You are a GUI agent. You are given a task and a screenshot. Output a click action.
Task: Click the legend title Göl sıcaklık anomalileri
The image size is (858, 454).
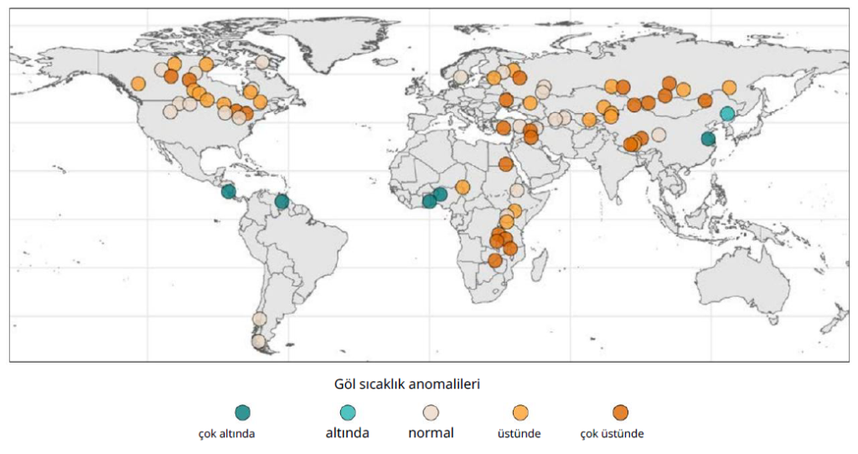click(406, 384)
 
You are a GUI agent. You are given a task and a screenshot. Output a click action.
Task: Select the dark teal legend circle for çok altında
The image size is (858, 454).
click(243, 412)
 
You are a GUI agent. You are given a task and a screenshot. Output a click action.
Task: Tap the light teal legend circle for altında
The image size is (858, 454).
click(348, 412)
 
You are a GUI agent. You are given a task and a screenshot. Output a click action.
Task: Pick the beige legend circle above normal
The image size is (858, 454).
click(431, 412)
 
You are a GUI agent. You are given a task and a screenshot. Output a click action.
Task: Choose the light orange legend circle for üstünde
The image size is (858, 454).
click(520, 412)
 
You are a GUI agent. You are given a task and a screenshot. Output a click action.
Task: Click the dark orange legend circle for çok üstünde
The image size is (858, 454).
click(620, 412)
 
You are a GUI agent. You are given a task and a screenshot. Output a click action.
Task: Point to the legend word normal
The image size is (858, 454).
click(431, 433)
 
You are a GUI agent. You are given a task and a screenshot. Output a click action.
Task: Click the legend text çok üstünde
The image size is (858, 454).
click(612, 434)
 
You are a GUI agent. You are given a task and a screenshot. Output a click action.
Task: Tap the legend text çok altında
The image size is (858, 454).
click(226, 434)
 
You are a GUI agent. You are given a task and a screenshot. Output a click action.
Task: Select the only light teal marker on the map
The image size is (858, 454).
click(727, 113)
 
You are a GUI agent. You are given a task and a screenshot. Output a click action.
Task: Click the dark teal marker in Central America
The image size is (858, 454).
click(228, 191)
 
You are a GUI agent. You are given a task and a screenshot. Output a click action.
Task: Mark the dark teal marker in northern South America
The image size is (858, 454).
click(282, 201)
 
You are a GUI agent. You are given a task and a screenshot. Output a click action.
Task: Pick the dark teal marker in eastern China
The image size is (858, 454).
click(708, 139)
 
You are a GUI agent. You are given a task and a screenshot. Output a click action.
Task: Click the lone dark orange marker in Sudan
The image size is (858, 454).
click(505, 164)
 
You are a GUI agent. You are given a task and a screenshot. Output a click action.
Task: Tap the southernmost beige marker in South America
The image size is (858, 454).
click(258, 341)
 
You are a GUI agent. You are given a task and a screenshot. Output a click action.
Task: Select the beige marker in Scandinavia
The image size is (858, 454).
click(460, 76)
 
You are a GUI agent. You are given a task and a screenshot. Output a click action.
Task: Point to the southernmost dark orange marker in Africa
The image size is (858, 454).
click(495, 261)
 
